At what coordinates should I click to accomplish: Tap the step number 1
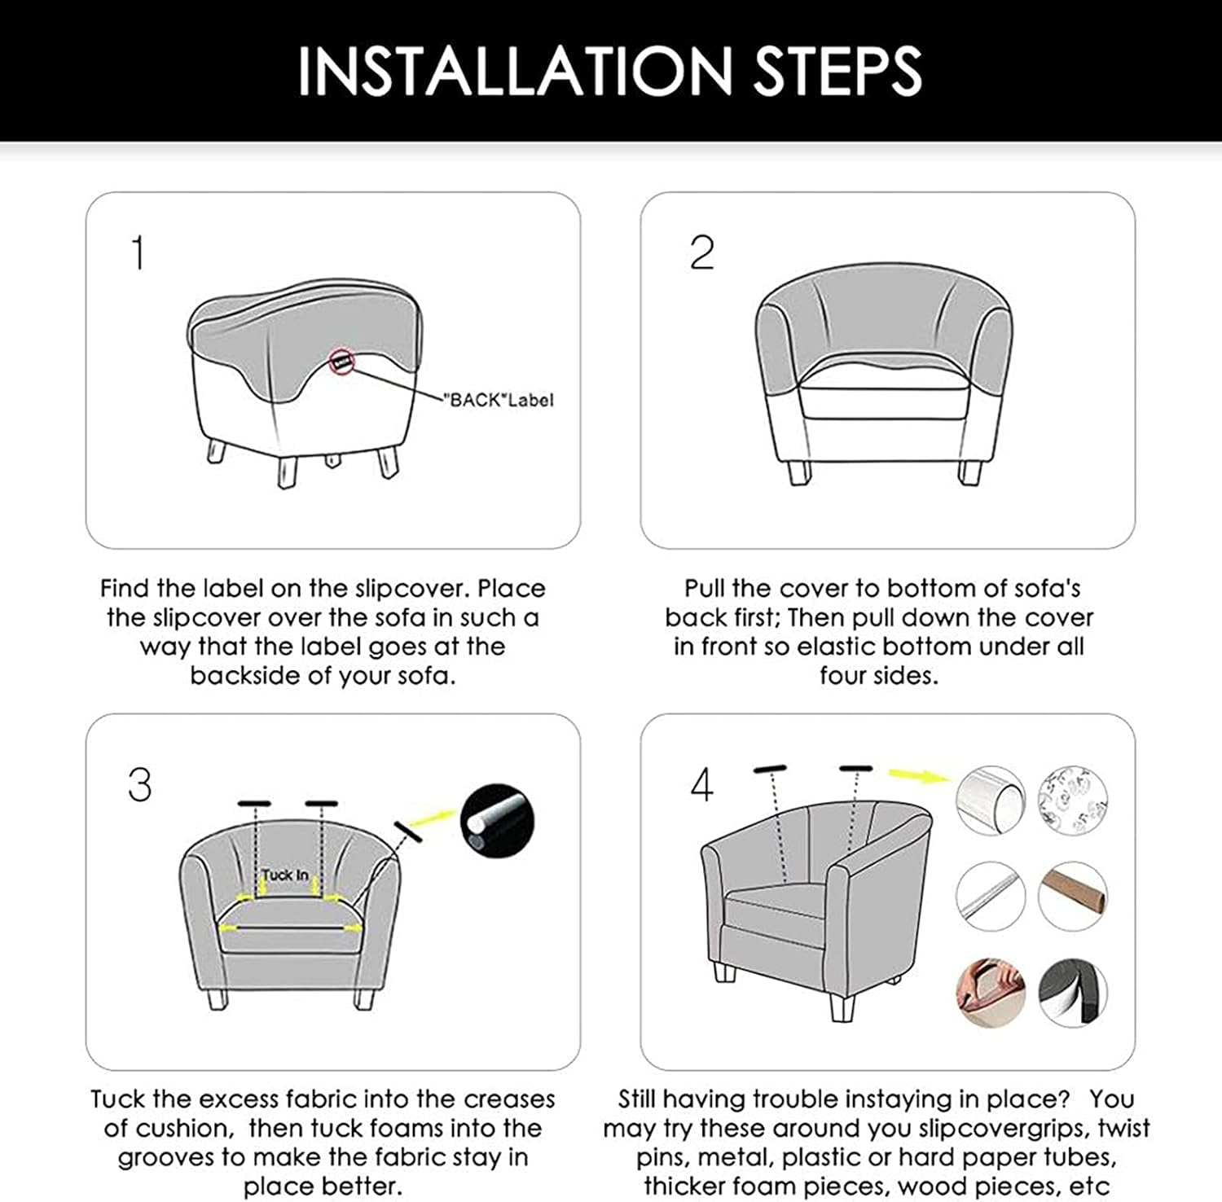click(x=138, y=252)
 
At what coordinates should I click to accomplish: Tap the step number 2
click(x=701, y=252)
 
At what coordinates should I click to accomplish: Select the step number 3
click(x=139, y=785)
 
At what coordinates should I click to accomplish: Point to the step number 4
click(x=701, y=785)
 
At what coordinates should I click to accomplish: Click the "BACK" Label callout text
click(x=499, y=400)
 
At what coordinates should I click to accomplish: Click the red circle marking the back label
click(x=342, y=361)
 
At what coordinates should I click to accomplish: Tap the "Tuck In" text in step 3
click(x=285, y=875)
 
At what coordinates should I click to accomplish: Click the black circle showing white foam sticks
click(x=497, y=820)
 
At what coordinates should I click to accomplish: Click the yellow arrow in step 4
click(x=918, y=775)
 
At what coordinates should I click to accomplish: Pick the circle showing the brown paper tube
click(x=1073, y=896)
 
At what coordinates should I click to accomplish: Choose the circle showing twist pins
click(x=1072, y=799)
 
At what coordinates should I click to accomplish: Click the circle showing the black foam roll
click(x=1073, y=993)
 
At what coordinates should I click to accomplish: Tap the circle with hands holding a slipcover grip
click(x=990, y=993)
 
